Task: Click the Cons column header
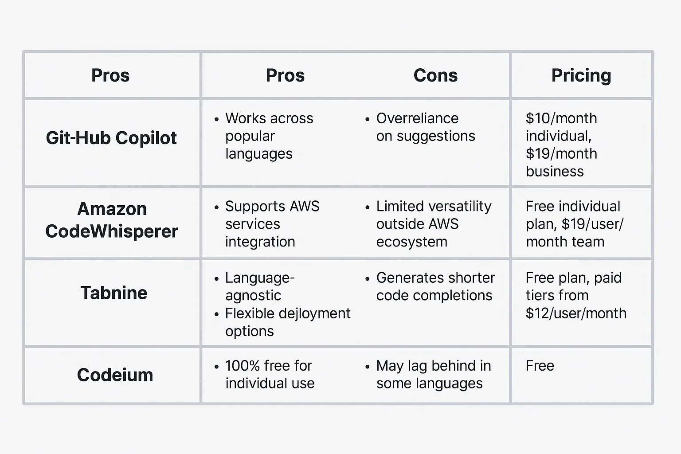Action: pyautogui.click(x=435, y=75)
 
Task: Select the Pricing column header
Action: pyautogui.click(x=581, y=75)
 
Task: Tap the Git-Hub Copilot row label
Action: pyautogui.click(x=111, y=138)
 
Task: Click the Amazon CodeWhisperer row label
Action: pyautogui.click(x=112, y=220)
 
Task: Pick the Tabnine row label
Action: pyautogui.click(x=114, y=293)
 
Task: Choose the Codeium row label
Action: pyautogui.click(x=115, y=375)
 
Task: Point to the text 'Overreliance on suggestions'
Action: pyautogui.click(x=425, y=127)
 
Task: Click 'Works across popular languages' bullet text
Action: pyautogui.click(x=269, y=136)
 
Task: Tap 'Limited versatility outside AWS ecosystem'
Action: pyautogui.click(x=433, y=224)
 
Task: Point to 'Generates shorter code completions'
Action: pyautogui.click(x=435, y=286)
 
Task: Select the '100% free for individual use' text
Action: pyautogui.click(x=269, y=375)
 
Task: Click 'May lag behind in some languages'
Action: pyautogui.click(x=433, y=375)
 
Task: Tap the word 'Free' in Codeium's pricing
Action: pyautogui.click(x=540, y=366)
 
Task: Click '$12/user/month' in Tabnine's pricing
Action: pyautogui.click(x=575, y=313)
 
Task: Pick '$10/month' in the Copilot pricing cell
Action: pyautogui.click(x=561, y=118)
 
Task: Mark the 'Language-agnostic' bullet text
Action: pyautogui.click(x=259, y=286)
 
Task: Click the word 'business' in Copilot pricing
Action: pyautogui.click(x=555, y=172)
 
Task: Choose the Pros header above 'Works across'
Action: pyautogui.click(x=285, y=75)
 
